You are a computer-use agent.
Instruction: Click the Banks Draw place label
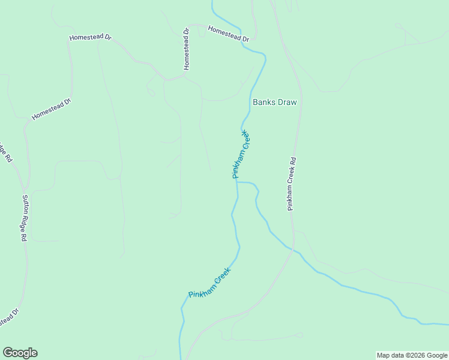(x=274, y=102)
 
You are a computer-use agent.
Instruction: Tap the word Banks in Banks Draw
(x=264, y=102)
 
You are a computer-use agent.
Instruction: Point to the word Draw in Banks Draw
(x=286, y=102)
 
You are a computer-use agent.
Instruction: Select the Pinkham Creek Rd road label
(x=292, y=184)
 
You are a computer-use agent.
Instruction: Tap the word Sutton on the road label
(x=26, y=202)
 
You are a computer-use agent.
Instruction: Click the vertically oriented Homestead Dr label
(x=187, y=47)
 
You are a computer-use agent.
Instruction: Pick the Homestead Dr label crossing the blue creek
(x=228, y=34)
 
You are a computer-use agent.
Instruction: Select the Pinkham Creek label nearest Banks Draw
(x=241, y=154)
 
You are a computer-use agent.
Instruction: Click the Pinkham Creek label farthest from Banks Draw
(x=209, y=283)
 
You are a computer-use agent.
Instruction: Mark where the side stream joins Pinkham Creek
(x=237, y=182)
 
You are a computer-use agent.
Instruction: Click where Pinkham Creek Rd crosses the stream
(x=292, y=249)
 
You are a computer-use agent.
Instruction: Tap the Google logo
(x=20, y=353)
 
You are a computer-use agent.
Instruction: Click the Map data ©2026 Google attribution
(x=412, y=355)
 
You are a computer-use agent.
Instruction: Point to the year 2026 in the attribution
(x=418, y=355)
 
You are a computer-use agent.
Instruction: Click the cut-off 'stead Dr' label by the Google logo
(x=9, y=319)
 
